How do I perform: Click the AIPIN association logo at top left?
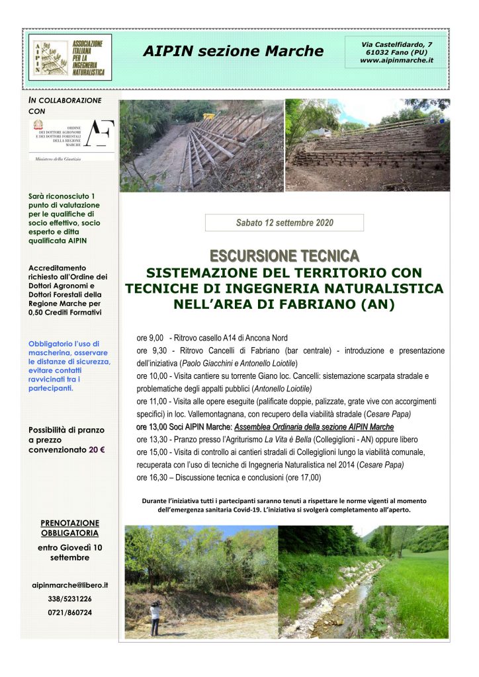(x=71, y=57)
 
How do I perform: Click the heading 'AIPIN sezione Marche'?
(x=233, y=51)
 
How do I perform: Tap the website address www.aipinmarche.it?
(x=397, y=60)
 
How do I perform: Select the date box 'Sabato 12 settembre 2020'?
(x=284, y=223)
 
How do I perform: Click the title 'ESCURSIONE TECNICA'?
(x=284, y=255)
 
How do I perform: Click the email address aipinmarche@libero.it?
(x=70, y=585)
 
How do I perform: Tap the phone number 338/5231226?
(x=70, y=598)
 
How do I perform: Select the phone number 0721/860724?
(x=70, y=612)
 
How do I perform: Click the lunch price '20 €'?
(x=97, y=450)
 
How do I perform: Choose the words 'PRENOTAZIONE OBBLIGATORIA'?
(x=70, y=527)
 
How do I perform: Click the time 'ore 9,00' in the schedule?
(x=150, y=338)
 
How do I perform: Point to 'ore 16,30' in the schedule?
(x=150, y=477)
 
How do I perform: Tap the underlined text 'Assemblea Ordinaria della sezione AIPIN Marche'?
(x=314, y=426)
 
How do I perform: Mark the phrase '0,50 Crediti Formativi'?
(x=65, y=312)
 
